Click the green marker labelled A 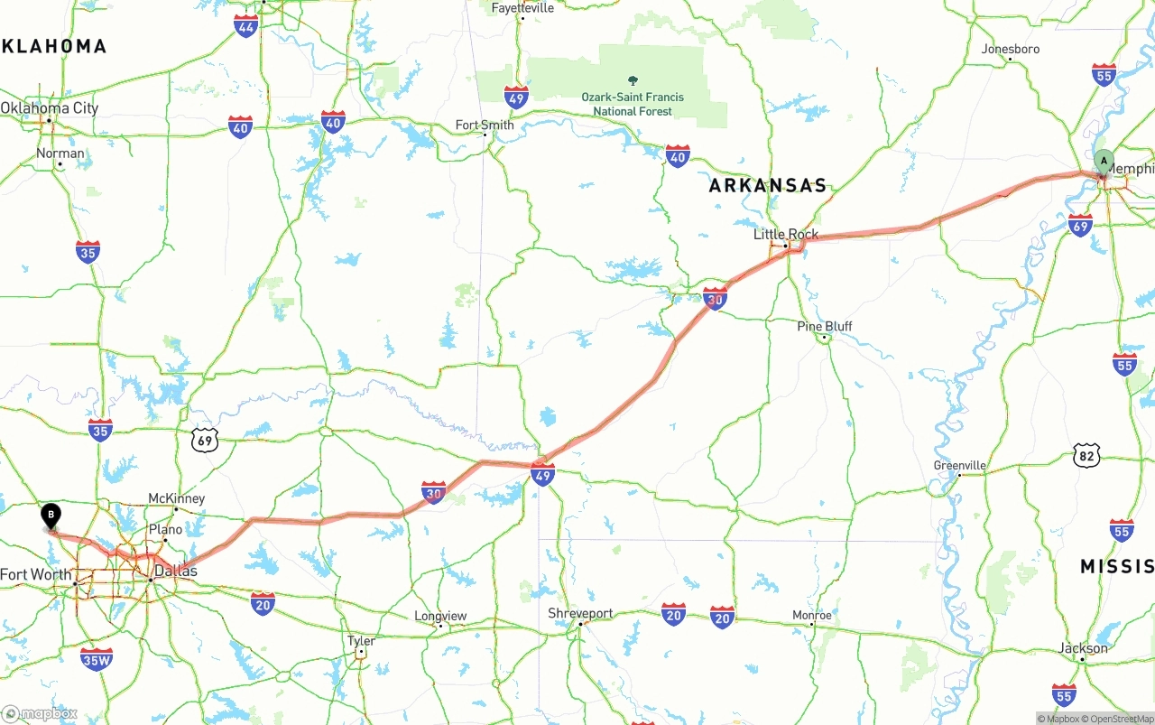[1103, 162]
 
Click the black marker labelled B [51, 516]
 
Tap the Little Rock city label [786, 235]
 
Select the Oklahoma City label [50, 108]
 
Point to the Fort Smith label [485, 125]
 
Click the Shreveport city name [580, 613]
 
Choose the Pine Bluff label [825, 326]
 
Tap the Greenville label [960, 466]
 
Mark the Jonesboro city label [1011, 49]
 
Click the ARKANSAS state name [768, 186]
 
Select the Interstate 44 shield [245, 25]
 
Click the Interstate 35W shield [97, 660]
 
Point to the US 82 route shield [1086, 456]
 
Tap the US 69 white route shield [205, 440]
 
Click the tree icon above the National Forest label [633, 80]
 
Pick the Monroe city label [811, 615]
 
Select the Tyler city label [361, 641]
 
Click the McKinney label [176, 498]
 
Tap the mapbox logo [40, 713]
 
